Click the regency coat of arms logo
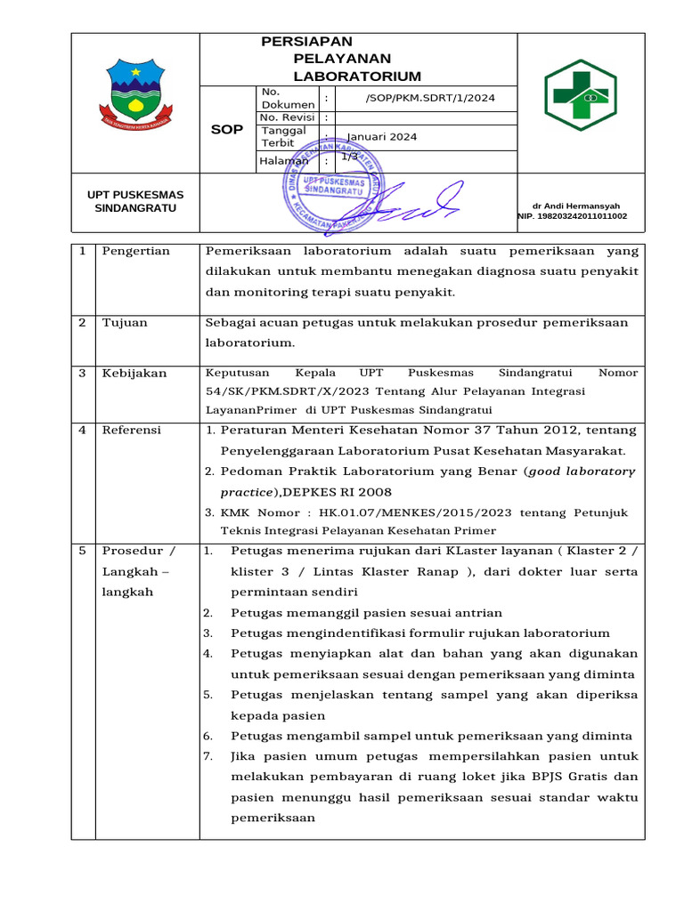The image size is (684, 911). (x=135, y=93)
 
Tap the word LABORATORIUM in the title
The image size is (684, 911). (x=357, y=77)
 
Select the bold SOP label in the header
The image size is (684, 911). (x=226, y=129)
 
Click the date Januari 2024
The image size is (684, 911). (x=381, y=137)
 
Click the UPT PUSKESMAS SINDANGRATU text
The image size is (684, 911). (x=135, y=201)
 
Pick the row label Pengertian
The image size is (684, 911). (x=136, y=251)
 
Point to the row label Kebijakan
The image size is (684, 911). (x=134, y=373)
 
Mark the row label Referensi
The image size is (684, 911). (x=132, y=430)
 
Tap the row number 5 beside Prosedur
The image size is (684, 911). (x=82, y=550)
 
